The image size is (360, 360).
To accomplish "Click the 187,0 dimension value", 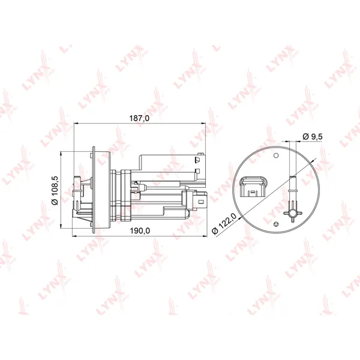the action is pos(139,118).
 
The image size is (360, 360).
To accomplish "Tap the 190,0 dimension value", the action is pos(140,230).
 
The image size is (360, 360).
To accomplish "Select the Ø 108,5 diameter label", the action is pos(55,190).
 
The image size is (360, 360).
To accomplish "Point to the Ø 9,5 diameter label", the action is pos(313,136).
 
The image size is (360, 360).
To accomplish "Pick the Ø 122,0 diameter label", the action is pos(224,223).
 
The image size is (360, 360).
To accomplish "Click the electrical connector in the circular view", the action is pos(253,187).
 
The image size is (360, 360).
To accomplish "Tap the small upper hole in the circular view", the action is pos(277,155).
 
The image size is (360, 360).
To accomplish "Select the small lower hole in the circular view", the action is pos(276,224).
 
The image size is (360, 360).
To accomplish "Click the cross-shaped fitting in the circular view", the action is pos(293,214).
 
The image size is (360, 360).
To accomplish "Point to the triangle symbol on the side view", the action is pos(197,160).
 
